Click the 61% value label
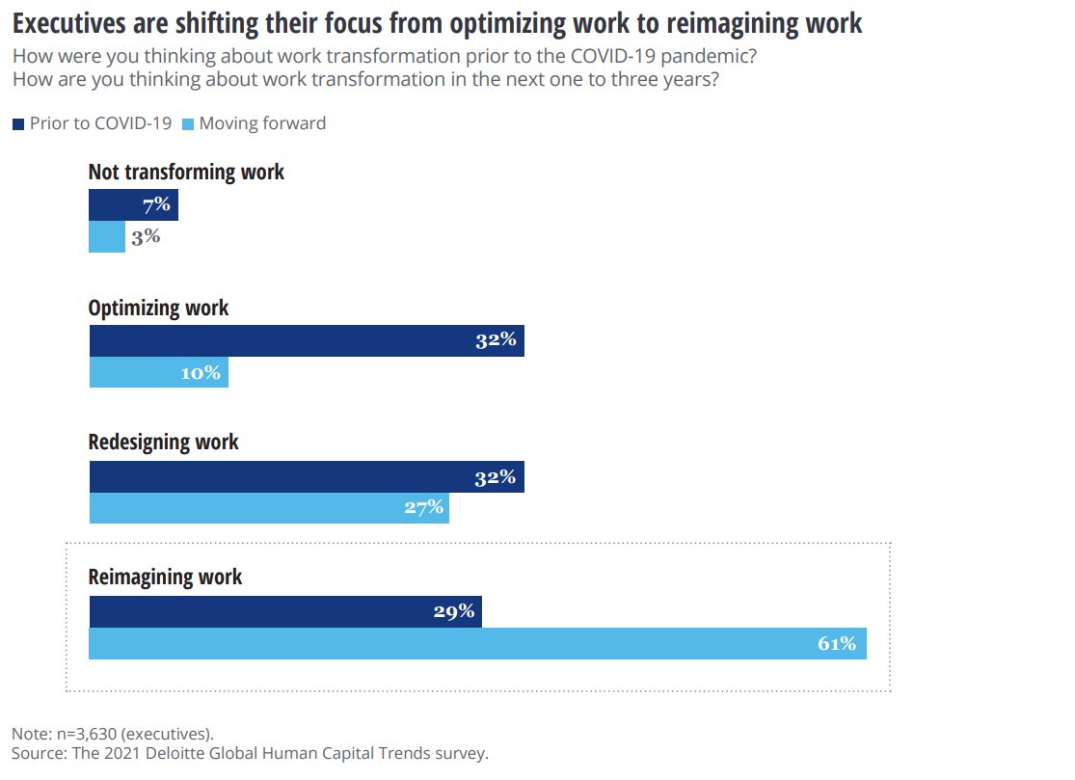837,643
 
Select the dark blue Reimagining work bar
284,611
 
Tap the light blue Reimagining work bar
477,643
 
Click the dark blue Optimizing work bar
307,340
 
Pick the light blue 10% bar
158,372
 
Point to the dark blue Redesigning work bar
307,476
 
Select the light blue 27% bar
269,508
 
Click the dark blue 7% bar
133,205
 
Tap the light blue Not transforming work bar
107,237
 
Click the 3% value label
146,237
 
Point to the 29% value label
453,611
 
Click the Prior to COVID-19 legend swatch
18,123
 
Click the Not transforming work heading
186,173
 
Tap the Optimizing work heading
158,308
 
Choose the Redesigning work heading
163,443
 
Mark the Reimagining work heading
165,578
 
